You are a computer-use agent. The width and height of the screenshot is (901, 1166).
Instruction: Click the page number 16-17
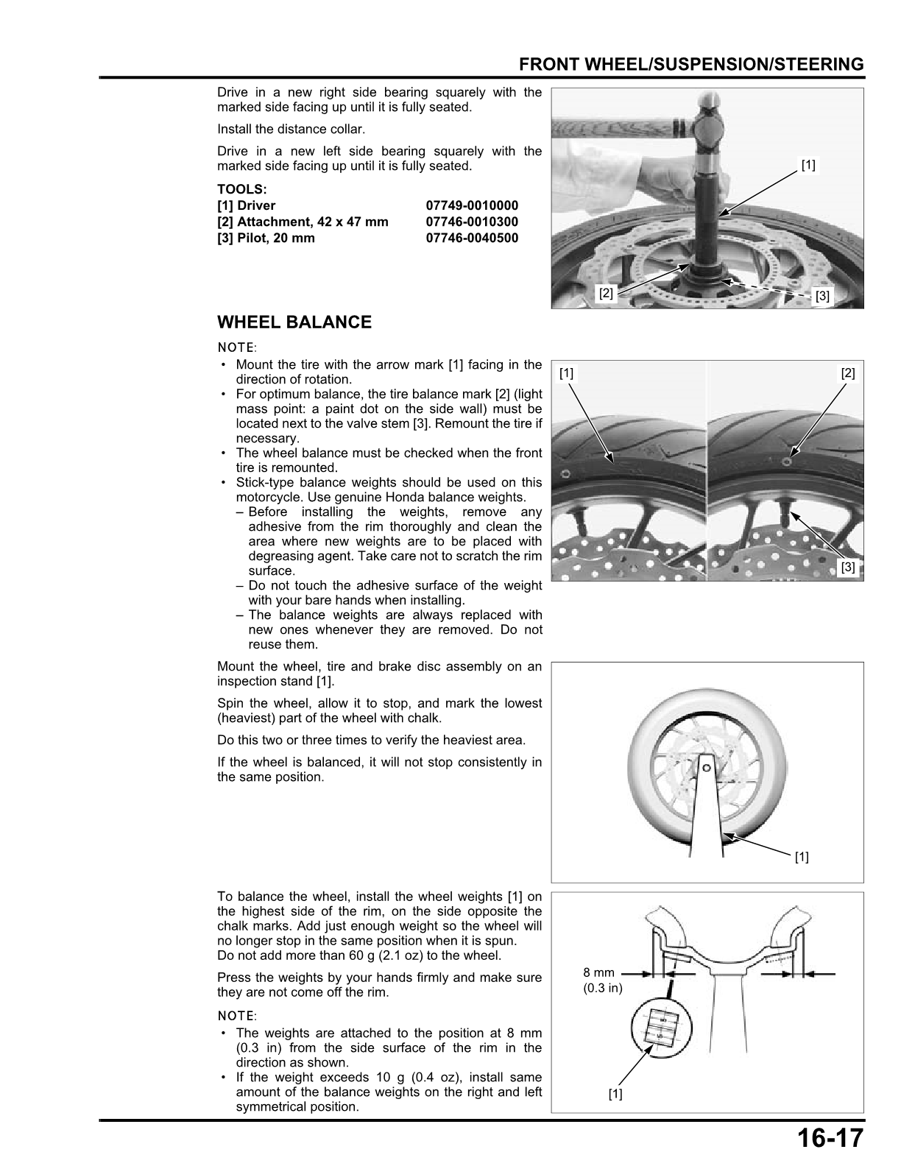[828, 1139]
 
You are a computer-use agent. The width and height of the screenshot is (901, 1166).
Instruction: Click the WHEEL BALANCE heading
[294, 322]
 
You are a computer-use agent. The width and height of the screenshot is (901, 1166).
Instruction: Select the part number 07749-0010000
[472, 205]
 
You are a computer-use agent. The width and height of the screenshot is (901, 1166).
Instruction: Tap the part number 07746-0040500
[472, 238]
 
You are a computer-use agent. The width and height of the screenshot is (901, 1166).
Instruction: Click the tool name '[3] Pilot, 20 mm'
[266, 238]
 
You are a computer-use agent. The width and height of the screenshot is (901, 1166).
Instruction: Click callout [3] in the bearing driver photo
[822, 297]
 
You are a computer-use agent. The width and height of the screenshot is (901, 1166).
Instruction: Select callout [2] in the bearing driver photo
[606, 292]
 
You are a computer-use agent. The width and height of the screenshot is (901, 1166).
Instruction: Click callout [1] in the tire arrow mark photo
[566, 373]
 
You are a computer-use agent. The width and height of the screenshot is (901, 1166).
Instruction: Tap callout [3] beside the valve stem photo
[848, 567]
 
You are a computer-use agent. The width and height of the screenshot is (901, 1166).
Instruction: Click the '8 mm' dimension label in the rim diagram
[598, 972]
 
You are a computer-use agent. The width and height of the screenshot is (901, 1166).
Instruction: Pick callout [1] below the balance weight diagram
[615, 1094]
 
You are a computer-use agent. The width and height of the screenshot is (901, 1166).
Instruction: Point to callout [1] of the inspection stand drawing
[802, 857]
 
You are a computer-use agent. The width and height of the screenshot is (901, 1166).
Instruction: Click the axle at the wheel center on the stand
[706, 768]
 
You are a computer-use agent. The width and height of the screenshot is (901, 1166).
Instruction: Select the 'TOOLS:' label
[241, 189]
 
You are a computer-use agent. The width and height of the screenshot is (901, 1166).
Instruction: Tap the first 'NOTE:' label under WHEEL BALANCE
[236, 347]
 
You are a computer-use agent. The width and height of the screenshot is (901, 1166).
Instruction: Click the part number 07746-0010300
[472, 222]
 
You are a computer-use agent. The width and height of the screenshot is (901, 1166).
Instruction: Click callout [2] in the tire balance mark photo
[848, 373]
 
